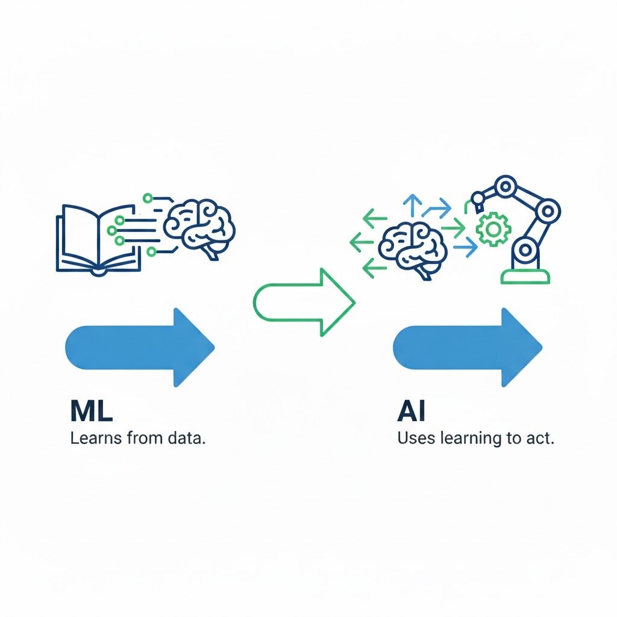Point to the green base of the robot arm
pyautogui.click(x=525, y=277)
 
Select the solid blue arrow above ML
pyautogui.click(x=139, y=346)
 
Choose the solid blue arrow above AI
pyautogui.click(x=468, y=346)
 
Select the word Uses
pyautogui.click(x=416, y=438)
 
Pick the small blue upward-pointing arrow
pyautogui.click(x=413, y=205)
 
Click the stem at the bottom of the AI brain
pyautogui.click(x=425, y=275)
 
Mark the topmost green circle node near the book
pyautogui.click(x=146, y=197)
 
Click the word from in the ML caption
pyautogui.click(x=142, y=438)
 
